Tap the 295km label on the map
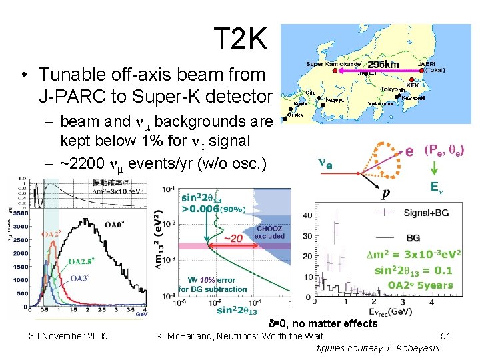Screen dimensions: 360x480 tap(383, 64)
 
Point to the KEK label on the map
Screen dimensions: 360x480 tap(431, 85)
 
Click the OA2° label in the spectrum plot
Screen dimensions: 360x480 tap(51, 234)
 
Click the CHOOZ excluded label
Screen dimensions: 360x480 tap(269, 232)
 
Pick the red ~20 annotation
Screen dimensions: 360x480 tap(232, 239)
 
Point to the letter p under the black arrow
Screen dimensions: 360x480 tap(385, 193)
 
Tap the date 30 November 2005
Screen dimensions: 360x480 tap(68, 335)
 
